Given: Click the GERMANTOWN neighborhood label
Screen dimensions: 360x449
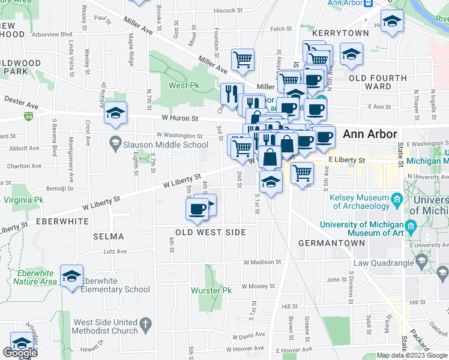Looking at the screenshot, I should pyautogui.click(x=331, y=243).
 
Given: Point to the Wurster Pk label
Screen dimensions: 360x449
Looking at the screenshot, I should pyautogui.click(x=211, y=290).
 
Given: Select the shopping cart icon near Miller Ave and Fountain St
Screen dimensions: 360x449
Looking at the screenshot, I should pyautogui.click(x=243, y=59).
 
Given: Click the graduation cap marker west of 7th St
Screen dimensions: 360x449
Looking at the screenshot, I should pyautogui.click(x=115, y=113).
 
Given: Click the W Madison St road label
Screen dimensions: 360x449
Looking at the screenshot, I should pyautogui.click(x=262, y=262).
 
